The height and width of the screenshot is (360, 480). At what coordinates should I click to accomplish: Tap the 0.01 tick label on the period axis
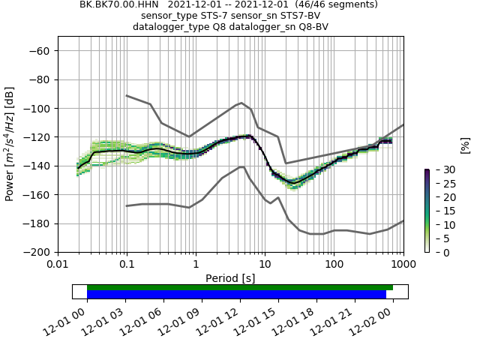click(58, 265)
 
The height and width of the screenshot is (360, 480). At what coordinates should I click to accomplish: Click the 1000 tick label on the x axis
click(403, 265)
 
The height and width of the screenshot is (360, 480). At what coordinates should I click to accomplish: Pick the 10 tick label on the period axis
click(265, 265)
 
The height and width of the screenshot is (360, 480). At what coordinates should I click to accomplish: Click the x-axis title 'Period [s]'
click(230, 277)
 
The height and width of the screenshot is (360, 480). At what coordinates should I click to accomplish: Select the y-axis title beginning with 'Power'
click(10, 144)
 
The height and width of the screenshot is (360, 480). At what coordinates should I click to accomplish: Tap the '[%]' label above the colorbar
click(465, 144)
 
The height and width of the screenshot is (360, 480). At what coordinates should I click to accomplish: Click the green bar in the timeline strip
click(240, 287)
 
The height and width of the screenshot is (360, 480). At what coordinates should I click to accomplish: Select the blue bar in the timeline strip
click(236, 294)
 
